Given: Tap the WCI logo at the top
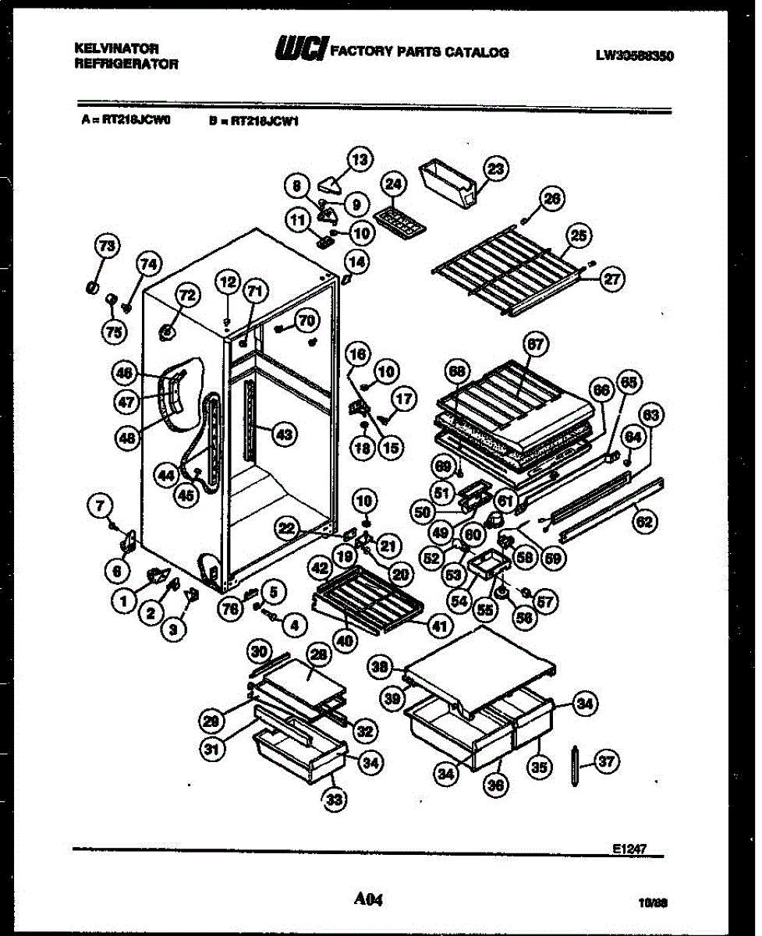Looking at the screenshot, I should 301,49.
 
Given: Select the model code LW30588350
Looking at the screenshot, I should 634,55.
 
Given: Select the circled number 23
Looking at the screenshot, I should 495,168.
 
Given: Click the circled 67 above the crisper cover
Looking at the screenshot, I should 536,344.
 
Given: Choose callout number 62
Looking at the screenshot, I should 643,522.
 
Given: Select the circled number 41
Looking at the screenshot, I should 441,624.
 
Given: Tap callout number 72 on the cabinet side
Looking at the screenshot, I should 186,294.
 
